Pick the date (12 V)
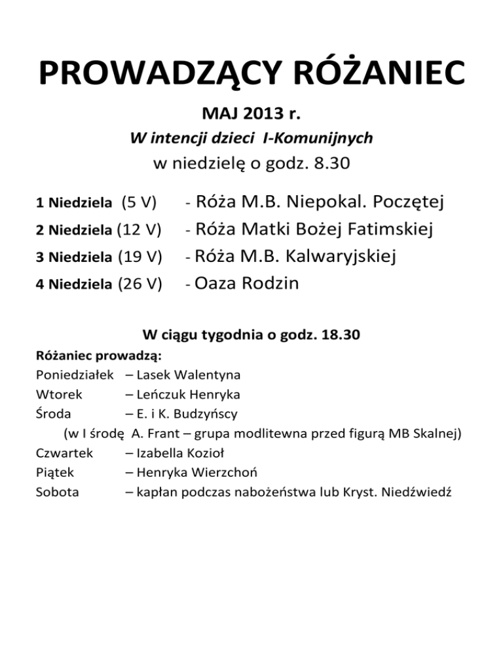pyautogui.click(x=139, y=230)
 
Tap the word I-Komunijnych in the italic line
pyautogui.click(x=327, y=138)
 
